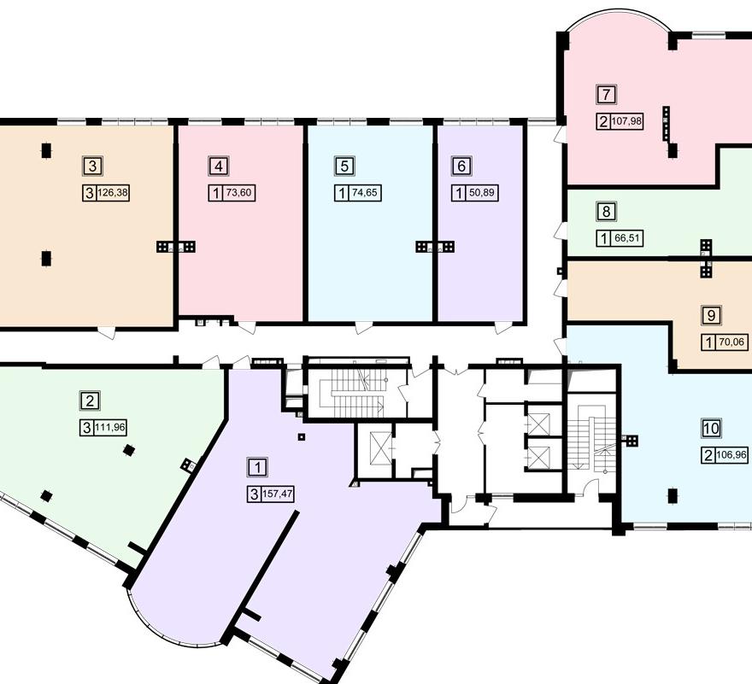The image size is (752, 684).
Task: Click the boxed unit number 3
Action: tap(93, 167)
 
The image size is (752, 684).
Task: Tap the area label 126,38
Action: tap(113, 193)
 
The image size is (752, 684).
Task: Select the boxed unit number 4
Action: tap(219, 167)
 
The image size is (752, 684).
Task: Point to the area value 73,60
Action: tap(238, 193)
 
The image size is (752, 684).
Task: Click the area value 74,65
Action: tap(365, 193)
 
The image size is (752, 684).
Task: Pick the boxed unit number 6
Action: tap(461, 167)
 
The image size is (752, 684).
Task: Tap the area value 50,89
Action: tap(482, 193)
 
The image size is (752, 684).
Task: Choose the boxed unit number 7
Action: tap(607, 95)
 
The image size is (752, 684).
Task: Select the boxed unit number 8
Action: tap(607, 212)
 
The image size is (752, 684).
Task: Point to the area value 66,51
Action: tap(627, 238)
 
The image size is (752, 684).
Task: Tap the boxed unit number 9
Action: tap(711, 315)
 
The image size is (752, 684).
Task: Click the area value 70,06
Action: tap(731, 342)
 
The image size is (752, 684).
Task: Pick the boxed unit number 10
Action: tap(711, 428)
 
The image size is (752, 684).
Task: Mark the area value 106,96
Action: tap(731, 454)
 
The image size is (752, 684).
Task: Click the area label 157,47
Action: tap(278, 494)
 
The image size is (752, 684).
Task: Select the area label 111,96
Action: tap(110, 427)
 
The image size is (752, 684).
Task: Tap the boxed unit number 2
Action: tap(90, 400)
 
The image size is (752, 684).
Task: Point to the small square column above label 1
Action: tap(301, 436)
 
